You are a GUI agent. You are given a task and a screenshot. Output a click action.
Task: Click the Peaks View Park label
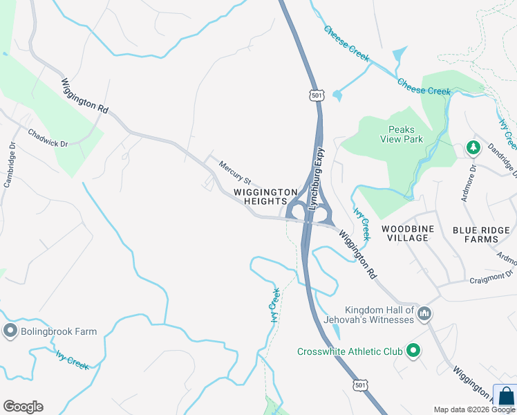click(x=405, y=133)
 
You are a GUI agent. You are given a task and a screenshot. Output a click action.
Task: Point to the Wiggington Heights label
click(x=265, y=196)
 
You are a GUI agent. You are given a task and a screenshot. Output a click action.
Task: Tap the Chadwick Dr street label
click(x=48, y=138)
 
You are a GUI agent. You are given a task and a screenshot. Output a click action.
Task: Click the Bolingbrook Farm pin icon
click(x=10, y=331)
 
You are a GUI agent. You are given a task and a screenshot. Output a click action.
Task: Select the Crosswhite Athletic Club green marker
click(x=413, y=351)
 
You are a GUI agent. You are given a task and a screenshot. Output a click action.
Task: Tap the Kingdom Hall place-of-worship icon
click(x=424, y=315)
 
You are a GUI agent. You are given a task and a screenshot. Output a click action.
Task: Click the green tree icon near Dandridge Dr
click(x=473, y=147)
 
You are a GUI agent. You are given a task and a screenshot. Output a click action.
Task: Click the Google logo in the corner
click(x=23, y=406)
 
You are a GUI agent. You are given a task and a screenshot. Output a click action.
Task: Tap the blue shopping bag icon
click(x=505, y=396)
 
